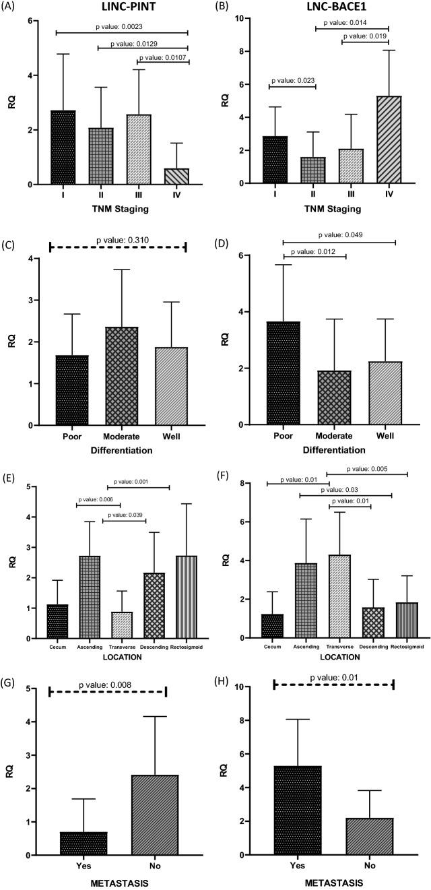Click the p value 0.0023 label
pos(122,26)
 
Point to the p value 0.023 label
pos(292,80)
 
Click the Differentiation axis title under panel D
pos(333,449)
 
